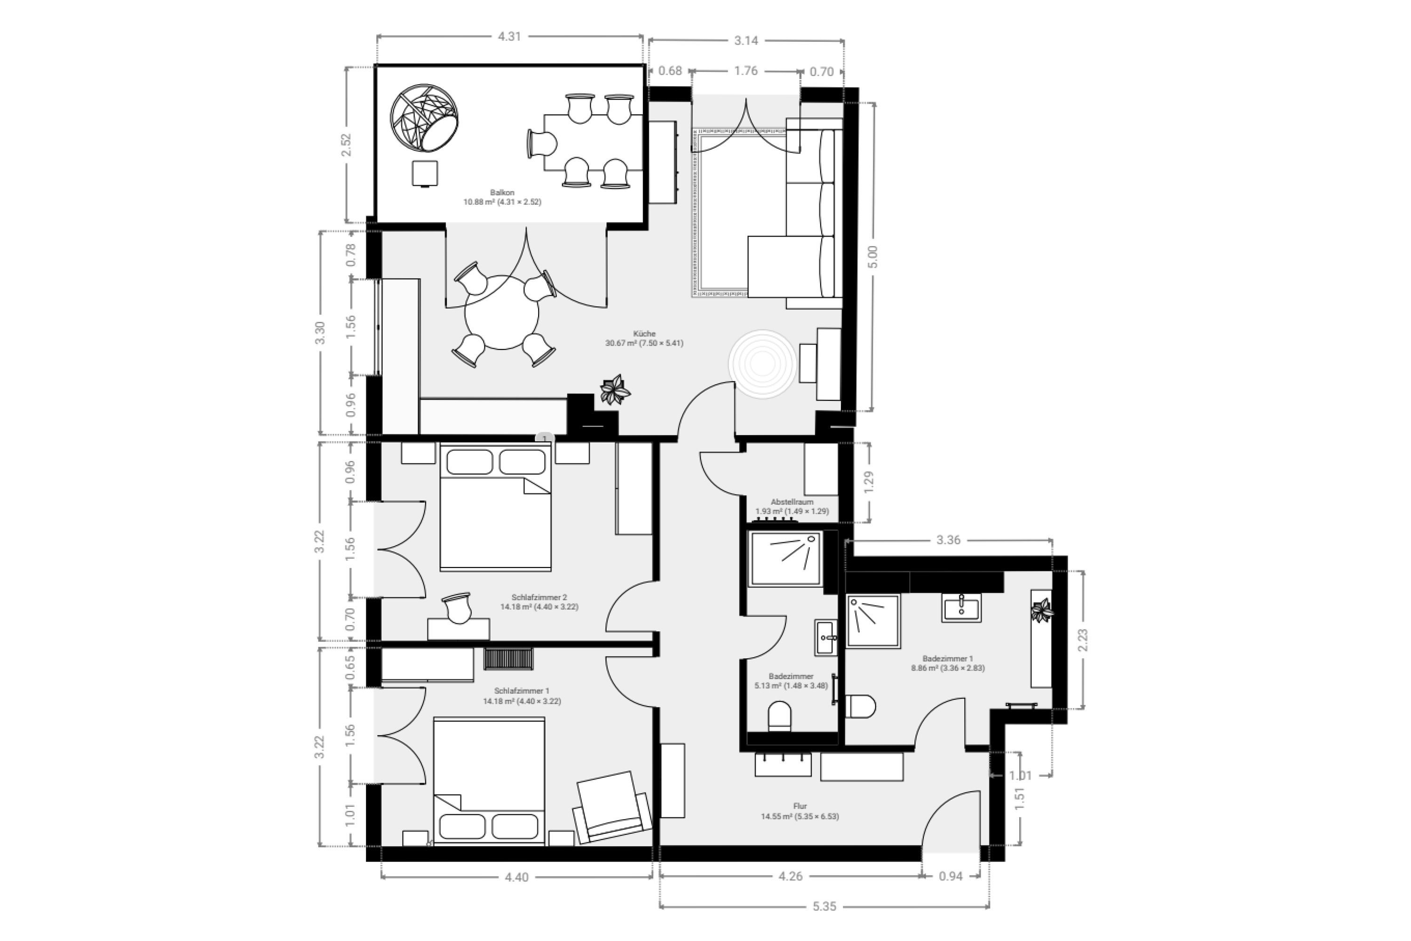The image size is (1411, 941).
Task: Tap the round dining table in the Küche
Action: click(501, 312)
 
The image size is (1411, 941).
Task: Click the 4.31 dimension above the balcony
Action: click(509, 37)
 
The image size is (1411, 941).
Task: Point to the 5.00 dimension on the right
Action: click(873, 257)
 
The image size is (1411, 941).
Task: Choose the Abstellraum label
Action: click(792, 502)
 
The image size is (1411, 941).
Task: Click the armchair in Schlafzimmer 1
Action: click(612, 807)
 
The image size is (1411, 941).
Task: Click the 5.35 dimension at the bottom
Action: click(824, 906)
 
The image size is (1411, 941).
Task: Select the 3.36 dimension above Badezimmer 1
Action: click(949, 540)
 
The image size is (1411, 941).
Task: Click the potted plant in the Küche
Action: click(615, 390)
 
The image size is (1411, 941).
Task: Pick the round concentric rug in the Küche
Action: click(762, 364)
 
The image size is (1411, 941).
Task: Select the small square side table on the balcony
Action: click(425, 174)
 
